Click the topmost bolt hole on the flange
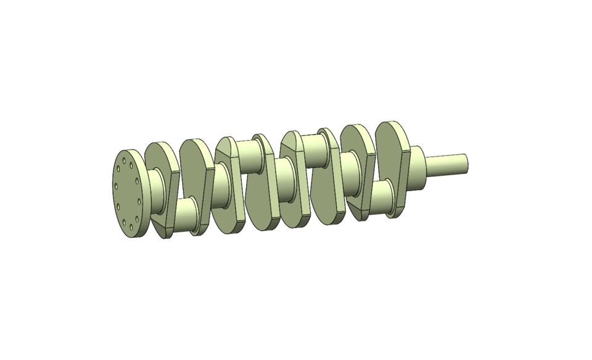coord(125,161)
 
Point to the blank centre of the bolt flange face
coord(127,192)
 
